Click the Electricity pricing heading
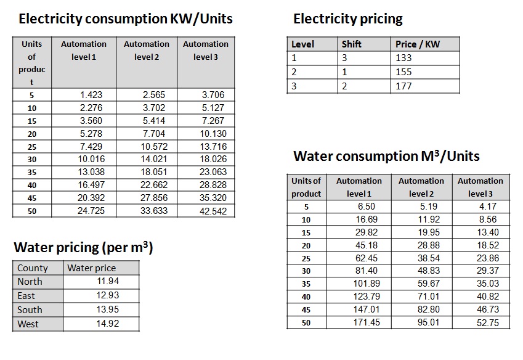347,19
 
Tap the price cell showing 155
404,72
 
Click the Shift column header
352,44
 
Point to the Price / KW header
418,44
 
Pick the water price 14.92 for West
108,324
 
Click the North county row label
30,281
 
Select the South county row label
30,309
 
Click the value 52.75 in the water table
487,322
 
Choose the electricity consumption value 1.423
91,95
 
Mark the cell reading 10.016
91,159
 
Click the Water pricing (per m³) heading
83,248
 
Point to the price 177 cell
404,86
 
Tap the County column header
32,268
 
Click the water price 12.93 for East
108,295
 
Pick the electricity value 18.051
153,172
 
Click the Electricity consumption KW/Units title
126,19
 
